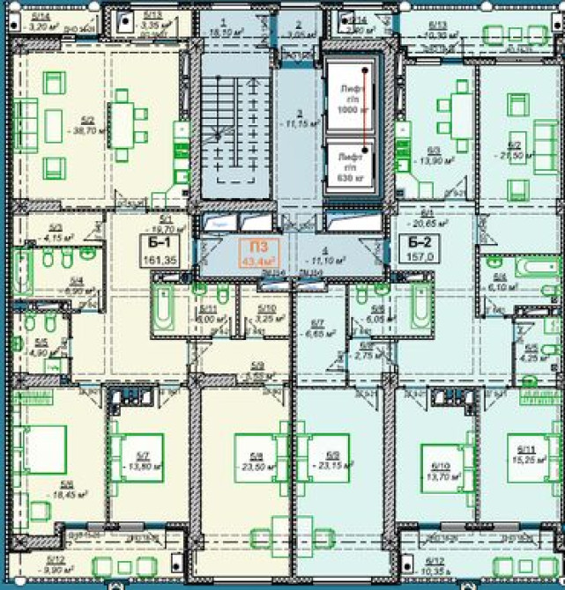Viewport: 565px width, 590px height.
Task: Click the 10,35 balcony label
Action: coord(434,568)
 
